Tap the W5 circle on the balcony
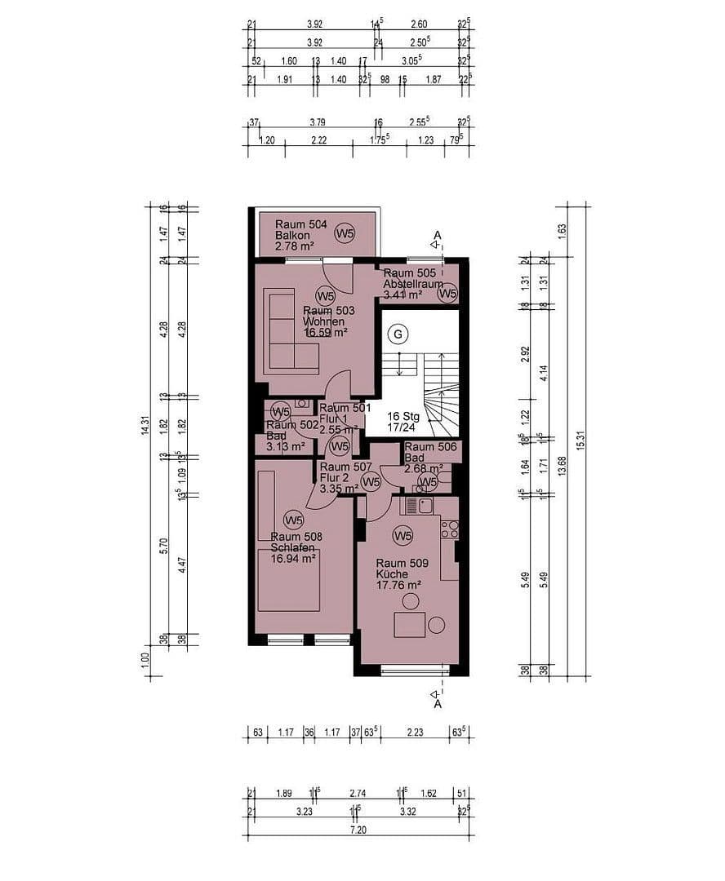[345, 234]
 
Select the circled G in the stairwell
[398, 334]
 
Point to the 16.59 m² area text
[325, 333]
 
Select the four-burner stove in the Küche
[449, 529]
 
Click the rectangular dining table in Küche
[410, 625]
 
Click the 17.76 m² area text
[398, 585]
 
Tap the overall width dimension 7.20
[359, 829]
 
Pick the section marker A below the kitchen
[438, 704]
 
